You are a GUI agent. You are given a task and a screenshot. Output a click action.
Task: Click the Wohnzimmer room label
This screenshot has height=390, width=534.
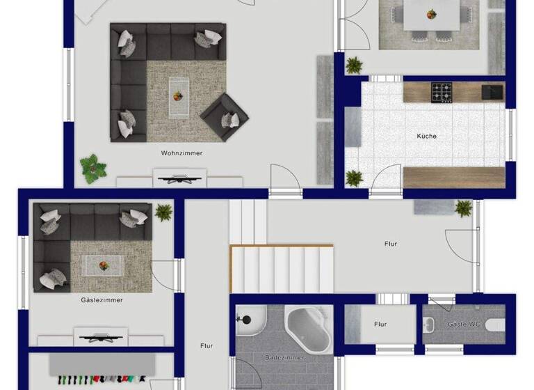point(181,153)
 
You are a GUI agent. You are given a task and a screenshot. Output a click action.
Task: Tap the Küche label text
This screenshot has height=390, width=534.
point(426,136)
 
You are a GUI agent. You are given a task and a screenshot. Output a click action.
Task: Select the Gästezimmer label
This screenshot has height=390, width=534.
point(102,300)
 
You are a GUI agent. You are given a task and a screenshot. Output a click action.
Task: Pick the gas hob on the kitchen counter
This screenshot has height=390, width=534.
point(442,91)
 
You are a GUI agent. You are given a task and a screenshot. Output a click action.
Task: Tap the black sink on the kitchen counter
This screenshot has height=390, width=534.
point(492,91)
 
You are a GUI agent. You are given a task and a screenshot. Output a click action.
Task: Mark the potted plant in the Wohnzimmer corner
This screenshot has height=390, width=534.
point(92,168)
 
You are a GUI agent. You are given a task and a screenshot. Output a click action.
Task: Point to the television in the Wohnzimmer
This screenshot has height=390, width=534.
point(179,180)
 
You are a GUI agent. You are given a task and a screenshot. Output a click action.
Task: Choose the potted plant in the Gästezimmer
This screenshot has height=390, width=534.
point(164,211)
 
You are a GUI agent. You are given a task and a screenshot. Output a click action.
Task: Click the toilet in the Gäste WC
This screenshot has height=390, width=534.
point(495,325)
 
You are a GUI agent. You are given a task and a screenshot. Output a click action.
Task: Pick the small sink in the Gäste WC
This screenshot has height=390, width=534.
point(430,324)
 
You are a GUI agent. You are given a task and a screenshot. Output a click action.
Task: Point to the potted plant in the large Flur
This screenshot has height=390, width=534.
point(464,208)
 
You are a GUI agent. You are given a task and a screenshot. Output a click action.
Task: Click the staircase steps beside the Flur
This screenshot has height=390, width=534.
point(282,268)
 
